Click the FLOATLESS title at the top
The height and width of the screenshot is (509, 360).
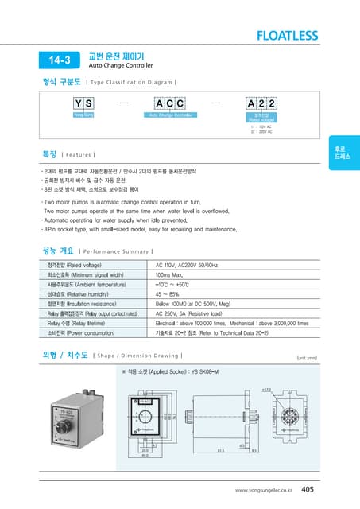pyautogui.click(x=287, y=36)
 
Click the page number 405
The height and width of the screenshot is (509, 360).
pyautogui.click(x=308, y=490)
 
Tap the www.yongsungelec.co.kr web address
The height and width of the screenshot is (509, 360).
pyautogui.click(x=264, y=491)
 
